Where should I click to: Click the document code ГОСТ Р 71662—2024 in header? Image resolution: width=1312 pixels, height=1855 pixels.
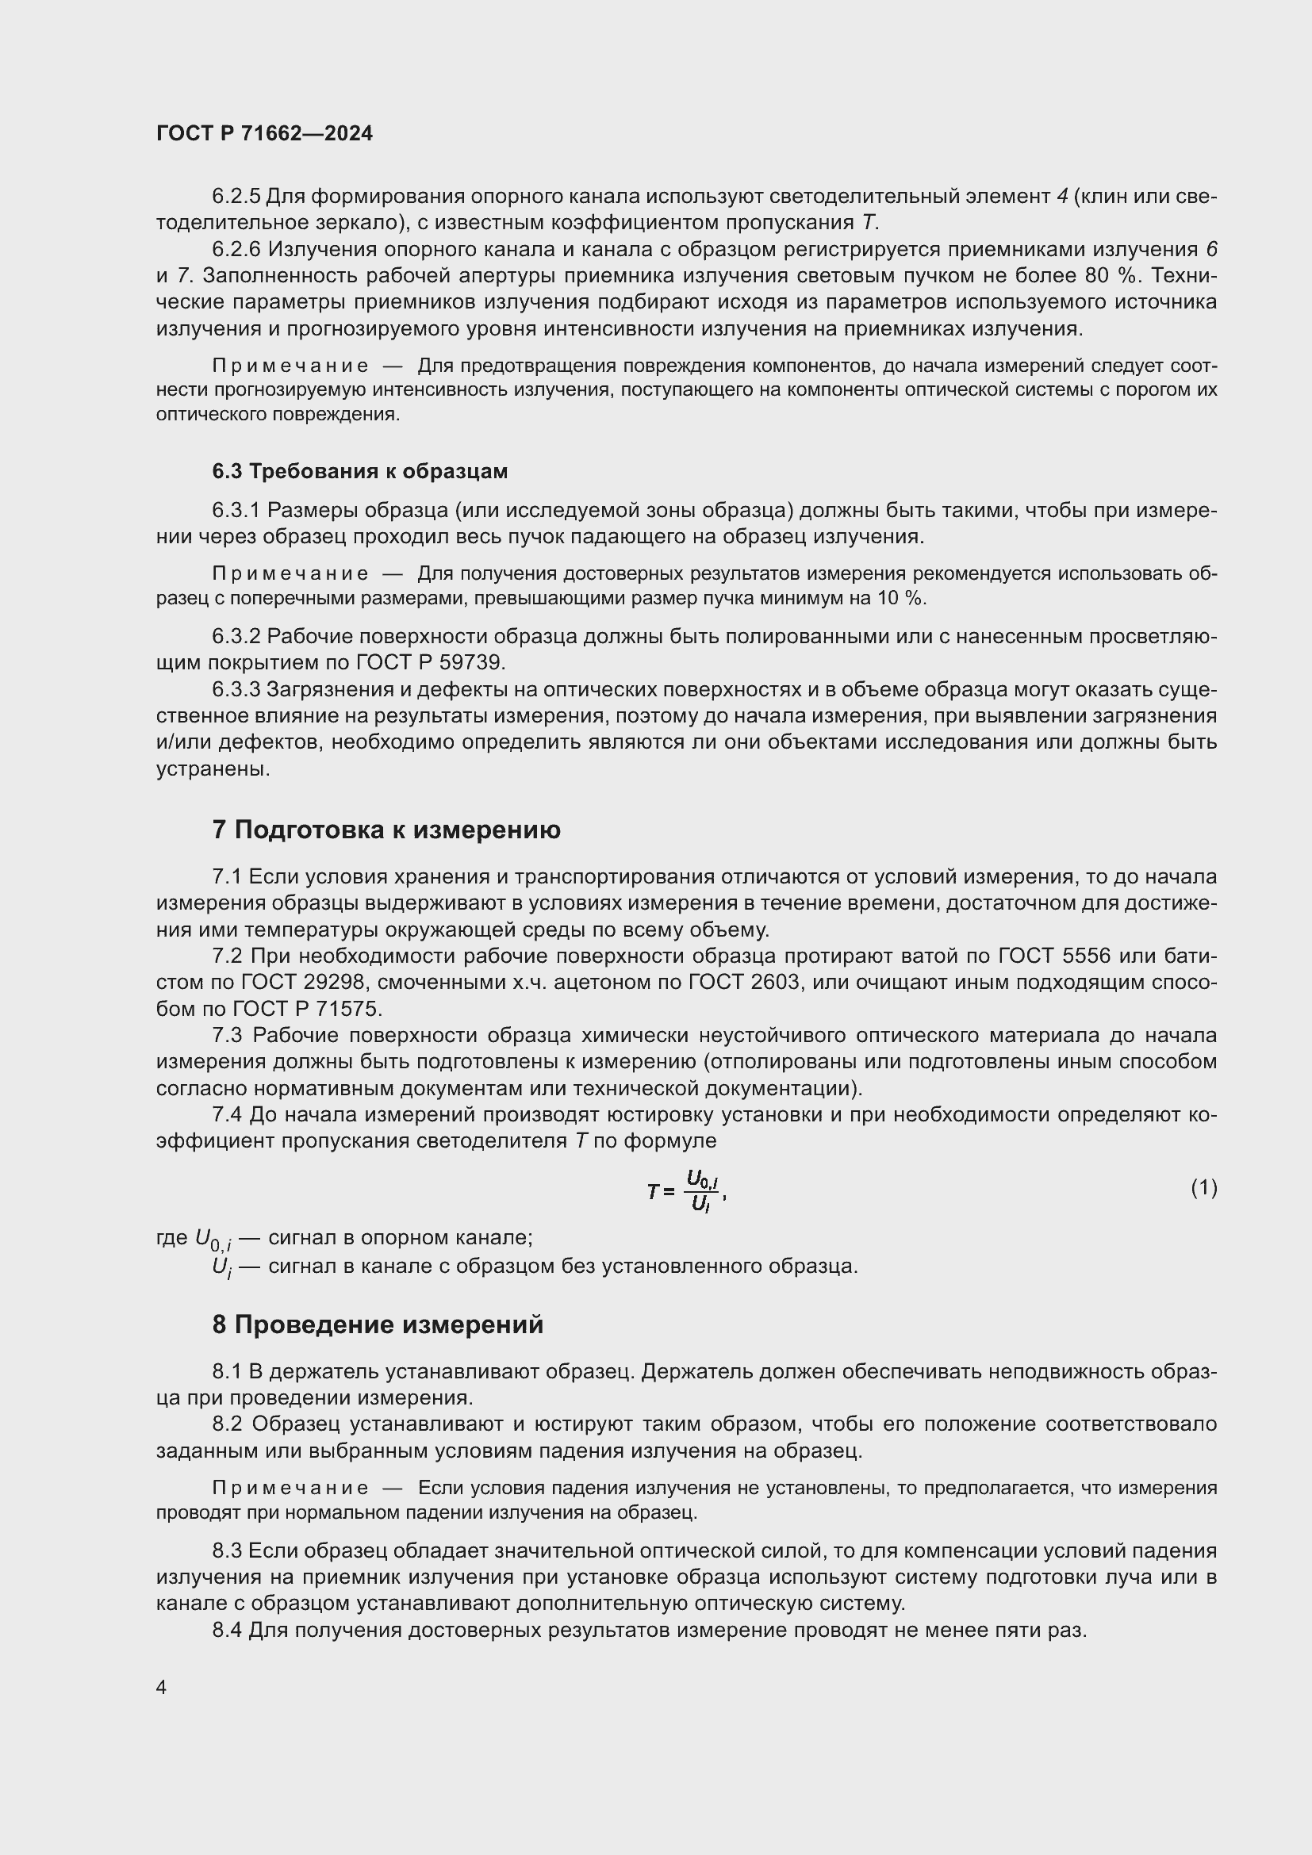[264, 134]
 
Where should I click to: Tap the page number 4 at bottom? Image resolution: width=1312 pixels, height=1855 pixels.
[162, 1687]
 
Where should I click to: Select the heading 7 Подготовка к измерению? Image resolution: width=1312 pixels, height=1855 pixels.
[386, 830]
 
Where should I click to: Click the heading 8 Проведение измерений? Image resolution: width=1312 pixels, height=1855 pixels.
[378, 1324]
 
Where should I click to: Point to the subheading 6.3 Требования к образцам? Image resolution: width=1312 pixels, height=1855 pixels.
[359, 471]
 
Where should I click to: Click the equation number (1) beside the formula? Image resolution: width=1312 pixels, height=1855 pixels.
[1204, 1187]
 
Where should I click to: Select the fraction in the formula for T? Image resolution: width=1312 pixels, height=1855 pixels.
[701, 1191]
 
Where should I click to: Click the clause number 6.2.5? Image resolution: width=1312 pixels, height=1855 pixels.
[236, 197]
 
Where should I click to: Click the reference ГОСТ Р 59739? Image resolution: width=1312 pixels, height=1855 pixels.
[430, 663]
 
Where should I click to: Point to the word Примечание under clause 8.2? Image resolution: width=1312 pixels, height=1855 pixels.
[290, 1488]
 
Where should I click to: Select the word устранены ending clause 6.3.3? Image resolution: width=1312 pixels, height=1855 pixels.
[212, 768]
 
